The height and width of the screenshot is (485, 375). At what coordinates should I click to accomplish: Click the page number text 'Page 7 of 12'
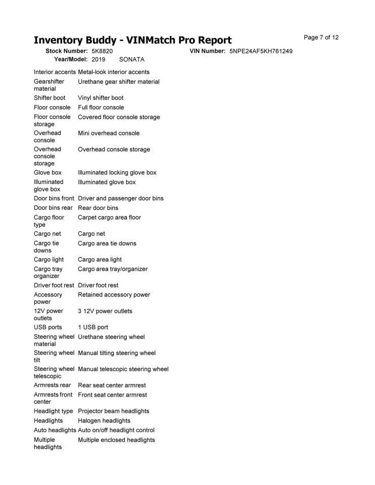click(321, 37)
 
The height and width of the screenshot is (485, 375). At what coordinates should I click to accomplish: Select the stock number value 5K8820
click(102, 51)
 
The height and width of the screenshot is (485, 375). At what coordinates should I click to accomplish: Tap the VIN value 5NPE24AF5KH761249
click(261, 51)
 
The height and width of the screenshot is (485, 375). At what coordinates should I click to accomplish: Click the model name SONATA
click(131, 59)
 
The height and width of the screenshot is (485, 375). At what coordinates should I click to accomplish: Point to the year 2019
click(99, 59)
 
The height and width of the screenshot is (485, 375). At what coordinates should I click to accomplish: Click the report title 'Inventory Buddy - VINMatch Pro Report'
click(132, 40)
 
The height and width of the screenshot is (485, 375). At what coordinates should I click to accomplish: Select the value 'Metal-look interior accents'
click(114, 72)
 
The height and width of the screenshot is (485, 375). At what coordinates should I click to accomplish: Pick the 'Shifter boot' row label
click(50, 98)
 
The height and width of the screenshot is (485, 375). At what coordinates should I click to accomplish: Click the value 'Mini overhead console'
click(109, 133)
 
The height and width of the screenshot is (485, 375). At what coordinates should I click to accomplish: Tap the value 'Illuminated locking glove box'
click(117, 173)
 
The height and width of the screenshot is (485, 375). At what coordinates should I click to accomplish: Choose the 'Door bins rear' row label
click(53, 208)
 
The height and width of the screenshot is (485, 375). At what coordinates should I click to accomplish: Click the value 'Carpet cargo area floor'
click(109, 218)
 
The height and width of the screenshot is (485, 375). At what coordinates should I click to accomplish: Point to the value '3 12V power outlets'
click(105, 311)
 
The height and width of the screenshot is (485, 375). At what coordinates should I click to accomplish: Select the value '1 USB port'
click(93, 327)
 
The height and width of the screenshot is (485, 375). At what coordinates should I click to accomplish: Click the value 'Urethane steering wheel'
click(111, 337)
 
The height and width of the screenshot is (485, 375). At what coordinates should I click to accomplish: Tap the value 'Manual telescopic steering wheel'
click(123, 369)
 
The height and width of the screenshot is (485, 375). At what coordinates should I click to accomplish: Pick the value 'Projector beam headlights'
click(114, 411)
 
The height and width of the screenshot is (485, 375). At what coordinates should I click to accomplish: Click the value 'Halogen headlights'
click(104, 421)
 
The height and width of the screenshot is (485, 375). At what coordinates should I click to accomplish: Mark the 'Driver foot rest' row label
click(54, 285)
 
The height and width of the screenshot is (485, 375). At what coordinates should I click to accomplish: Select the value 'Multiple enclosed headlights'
click(116, 440)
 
